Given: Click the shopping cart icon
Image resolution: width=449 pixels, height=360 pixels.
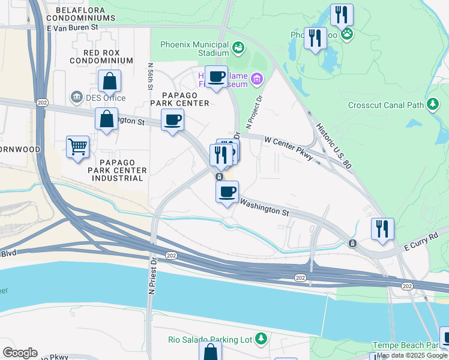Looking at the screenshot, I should (78, 146).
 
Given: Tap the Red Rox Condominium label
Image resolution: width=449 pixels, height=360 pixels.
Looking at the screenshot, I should (101, 56).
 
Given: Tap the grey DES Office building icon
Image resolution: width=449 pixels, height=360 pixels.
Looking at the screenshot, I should (76, 97).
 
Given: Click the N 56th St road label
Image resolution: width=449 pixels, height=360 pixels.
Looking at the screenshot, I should (149, 75).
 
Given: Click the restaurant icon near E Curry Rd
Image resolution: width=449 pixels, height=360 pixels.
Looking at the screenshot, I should (382, 229).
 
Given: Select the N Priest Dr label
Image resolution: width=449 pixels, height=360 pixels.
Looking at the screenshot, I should (152, 275).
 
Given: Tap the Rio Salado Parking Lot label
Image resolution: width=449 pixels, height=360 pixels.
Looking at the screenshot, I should (211, 340).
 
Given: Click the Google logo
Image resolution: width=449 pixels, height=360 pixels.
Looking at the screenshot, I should (20, 353).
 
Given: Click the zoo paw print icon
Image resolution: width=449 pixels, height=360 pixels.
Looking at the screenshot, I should (347, 34).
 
